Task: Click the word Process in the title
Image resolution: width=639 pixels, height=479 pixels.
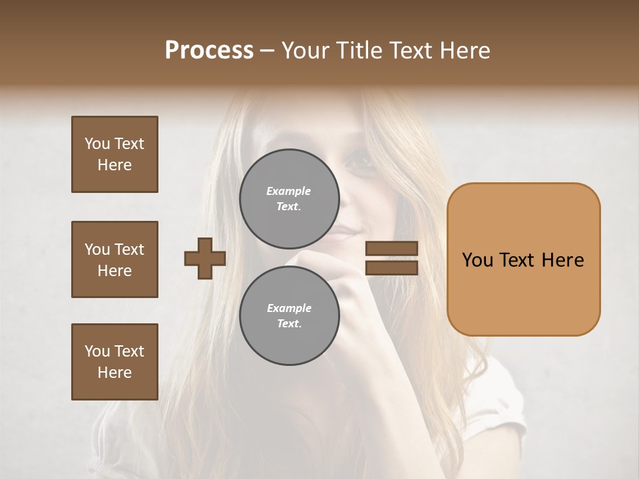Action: (209, 51)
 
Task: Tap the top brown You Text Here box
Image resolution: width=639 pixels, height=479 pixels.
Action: (114, 154)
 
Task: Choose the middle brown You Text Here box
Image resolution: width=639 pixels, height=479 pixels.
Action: (114, 259)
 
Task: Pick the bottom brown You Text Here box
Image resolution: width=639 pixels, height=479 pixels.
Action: (114, 362)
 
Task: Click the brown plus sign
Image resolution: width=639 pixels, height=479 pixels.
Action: (205, 258)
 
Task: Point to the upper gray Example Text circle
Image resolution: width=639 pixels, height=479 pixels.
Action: (289, 199)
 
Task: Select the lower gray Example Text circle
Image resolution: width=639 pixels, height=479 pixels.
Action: (289, 316)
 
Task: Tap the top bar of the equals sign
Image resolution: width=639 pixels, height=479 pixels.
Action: (391, 249)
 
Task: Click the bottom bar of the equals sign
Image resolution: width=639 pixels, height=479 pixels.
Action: (391, 267)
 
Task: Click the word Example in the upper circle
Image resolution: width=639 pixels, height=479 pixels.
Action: (288, 191)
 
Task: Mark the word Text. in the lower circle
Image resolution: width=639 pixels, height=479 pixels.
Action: (289, 324)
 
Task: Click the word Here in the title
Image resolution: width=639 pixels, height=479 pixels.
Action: (467, 51)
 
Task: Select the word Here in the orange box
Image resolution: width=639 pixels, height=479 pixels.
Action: (562, 260)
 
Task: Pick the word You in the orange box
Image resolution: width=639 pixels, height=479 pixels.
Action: (477, 260)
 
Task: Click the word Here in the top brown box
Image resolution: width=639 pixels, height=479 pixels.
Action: (114, 165)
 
